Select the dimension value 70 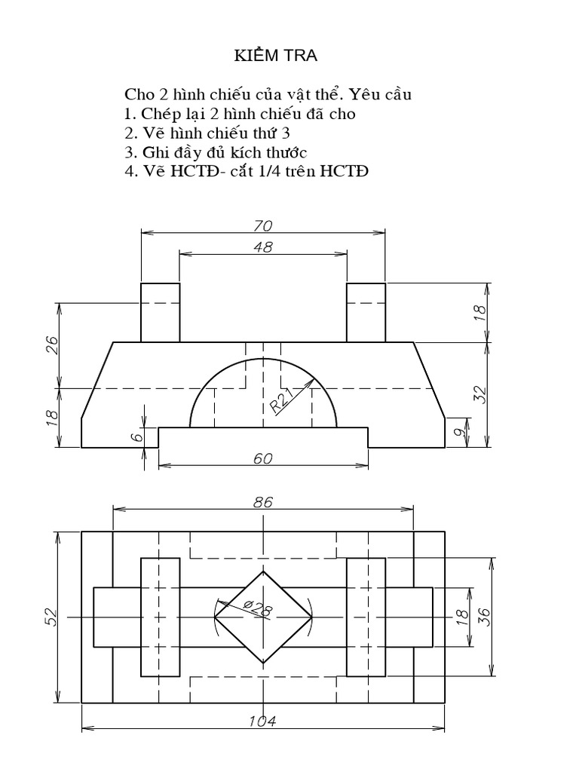point(263,225)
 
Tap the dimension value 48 point(263,246)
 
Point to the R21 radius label point(282,400)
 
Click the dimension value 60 point(263,458)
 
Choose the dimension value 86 point(263,501)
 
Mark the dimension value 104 point(263,721)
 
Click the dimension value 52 point(52,617)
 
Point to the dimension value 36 point(484,617)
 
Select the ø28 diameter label point(258,607)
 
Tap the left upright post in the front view point(160,312)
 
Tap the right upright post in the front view point(366,312)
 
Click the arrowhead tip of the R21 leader point(314,379)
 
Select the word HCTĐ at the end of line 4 point(345,171)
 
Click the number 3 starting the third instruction point(129,152)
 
